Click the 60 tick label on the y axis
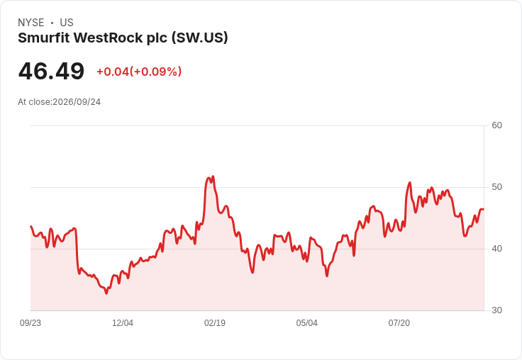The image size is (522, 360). coord(496,125)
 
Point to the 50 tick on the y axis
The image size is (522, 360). coord(496,187)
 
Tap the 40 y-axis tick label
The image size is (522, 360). coord(496,249)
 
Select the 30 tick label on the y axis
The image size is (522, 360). coord(496,310)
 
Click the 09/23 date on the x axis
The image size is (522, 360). coord(30,323)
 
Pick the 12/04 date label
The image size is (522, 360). coord(123,323)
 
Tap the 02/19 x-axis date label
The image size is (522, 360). coord(215,323)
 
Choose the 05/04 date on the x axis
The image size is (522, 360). coord(307,323)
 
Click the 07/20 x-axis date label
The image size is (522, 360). coord(399,323)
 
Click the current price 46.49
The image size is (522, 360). coord(51,71)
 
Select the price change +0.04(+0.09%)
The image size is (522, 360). coord(139,72)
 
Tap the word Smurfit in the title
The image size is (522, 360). coord(44,38)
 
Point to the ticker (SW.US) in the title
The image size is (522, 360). coord(200,38)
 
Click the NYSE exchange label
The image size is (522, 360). coord(31,23)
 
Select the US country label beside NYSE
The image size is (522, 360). coord(67,23)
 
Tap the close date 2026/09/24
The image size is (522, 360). coord(77,102)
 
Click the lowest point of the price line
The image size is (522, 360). coord(106,293)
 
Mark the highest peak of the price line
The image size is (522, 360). coord(213,176)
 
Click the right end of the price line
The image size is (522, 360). coord(484,209)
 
